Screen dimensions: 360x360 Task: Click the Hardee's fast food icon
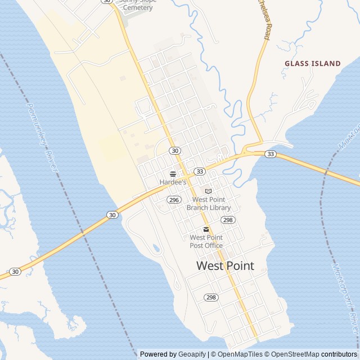click(x=173, y=174)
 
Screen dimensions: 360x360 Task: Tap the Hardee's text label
click(x=173, y=183)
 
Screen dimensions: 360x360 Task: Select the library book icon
click(x=208, y=191)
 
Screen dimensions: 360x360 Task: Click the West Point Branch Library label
click(x=209, y=204)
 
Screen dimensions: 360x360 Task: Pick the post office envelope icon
click(x=206, y=229)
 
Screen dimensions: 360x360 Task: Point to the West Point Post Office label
click(x=206, y=241)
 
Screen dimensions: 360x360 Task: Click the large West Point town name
click(x=225, y=266)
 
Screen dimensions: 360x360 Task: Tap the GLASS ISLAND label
click(x=313, y=64)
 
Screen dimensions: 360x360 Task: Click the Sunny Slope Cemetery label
click(x=138, y=4)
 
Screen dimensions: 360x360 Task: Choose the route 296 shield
click(x=173, y=200)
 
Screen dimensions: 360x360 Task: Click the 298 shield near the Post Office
click(x=227, y=219)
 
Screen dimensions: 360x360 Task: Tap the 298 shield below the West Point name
click(x=211, y=297)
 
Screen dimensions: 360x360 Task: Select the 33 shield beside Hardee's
click(x=199, y=171)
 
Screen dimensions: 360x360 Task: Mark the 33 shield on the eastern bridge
click(x=271, y=154)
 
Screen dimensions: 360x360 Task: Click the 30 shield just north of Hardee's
click(x=175, y=151)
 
